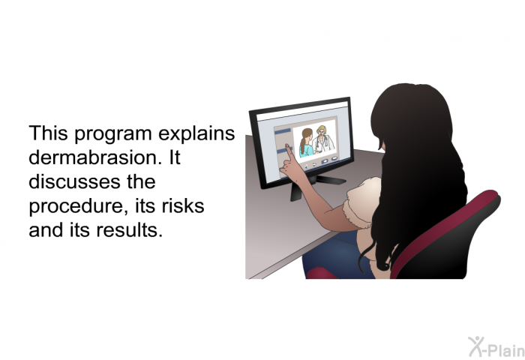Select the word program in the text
tap(112, 134)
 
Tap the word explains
tap(196, 133)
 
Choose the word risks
tap(183, 205)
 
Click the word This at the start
tap(48, 133)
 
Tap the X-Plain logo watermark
tap(496, 346)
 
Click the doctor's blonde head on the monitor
tap(322, 130)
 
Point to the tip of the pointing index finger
tap(287, 145)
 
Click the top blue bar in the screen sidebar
tap(283, 131)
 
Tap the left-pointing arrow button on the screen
tap(306, 166)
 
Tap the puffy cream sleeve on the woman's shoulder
tap(362, 204)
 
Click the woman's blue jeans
tap(334, 253)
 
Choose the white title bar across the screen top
tap(302, 111)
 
